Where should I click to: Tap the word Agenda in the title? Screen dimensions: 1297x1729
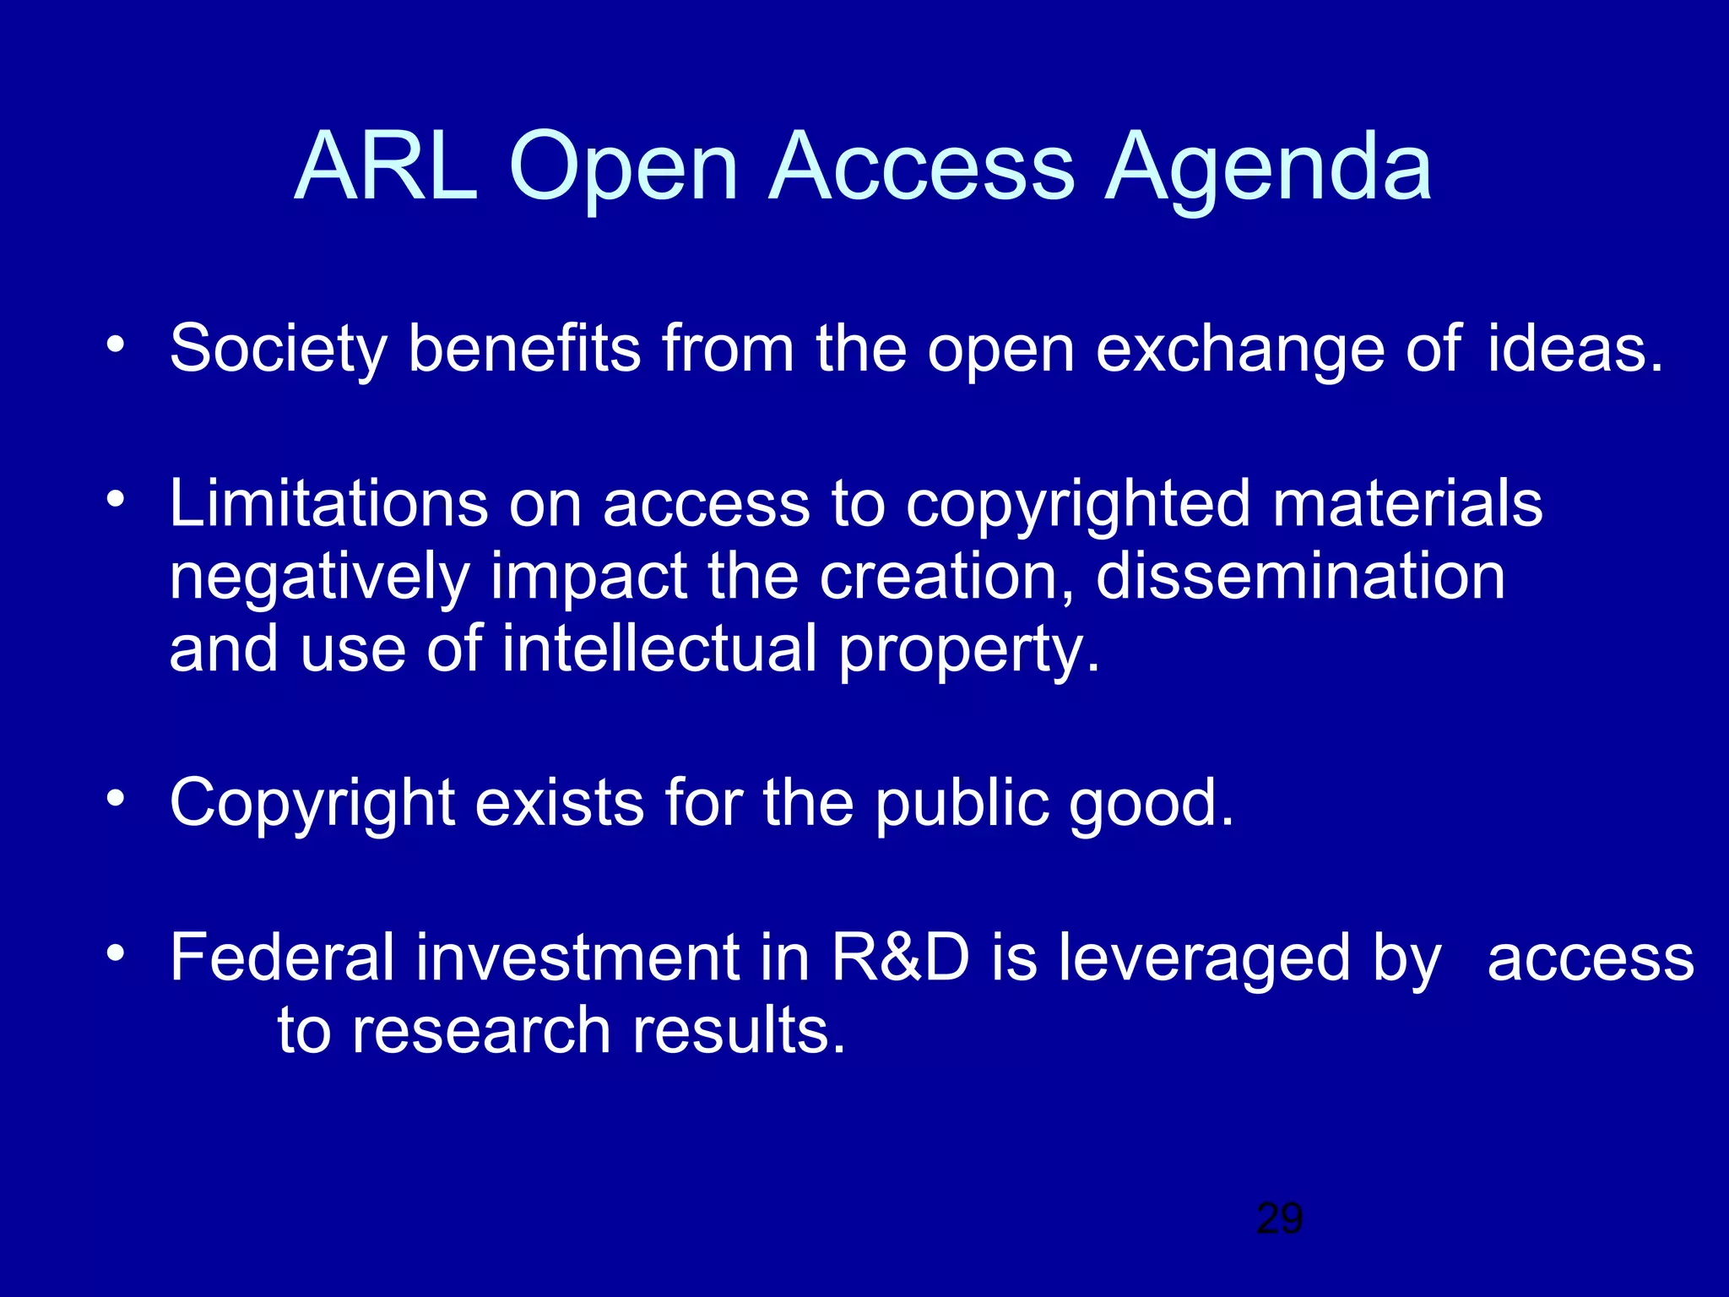1268,169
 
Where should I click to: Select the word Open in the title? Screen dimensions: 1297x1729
624,169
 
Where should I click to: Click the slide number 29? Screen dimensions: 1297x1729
1279,1218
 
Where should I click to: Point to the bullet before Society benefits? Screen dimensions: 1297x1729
116,345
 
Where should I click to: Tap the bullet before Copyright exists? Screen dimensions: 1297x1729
116,798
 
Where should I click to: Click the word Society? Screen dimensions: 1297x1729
278,348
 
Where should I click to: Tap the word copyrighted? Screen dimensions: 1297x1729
1077,505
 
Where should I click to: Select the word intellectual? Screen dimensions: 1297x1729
659,648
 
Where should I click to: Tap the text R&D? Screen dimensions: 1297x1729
900,958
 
